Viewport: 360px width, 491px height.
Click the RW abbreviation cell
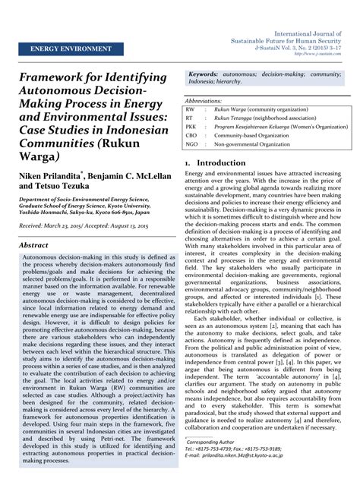(190, 109)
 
